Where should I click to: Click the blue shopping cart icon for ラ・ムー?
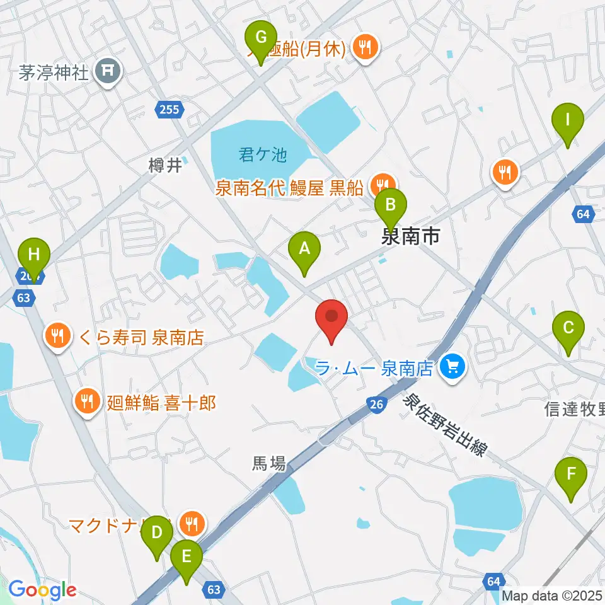[x=452, y=367]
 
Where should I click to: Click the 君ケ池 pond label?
[x=263, y=154]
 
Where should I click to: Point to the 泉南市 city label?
[x=410, y=236]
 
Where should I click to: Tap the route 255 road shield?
[x=170, y=109]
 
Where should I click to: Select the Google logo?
[x=42, y=590]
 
